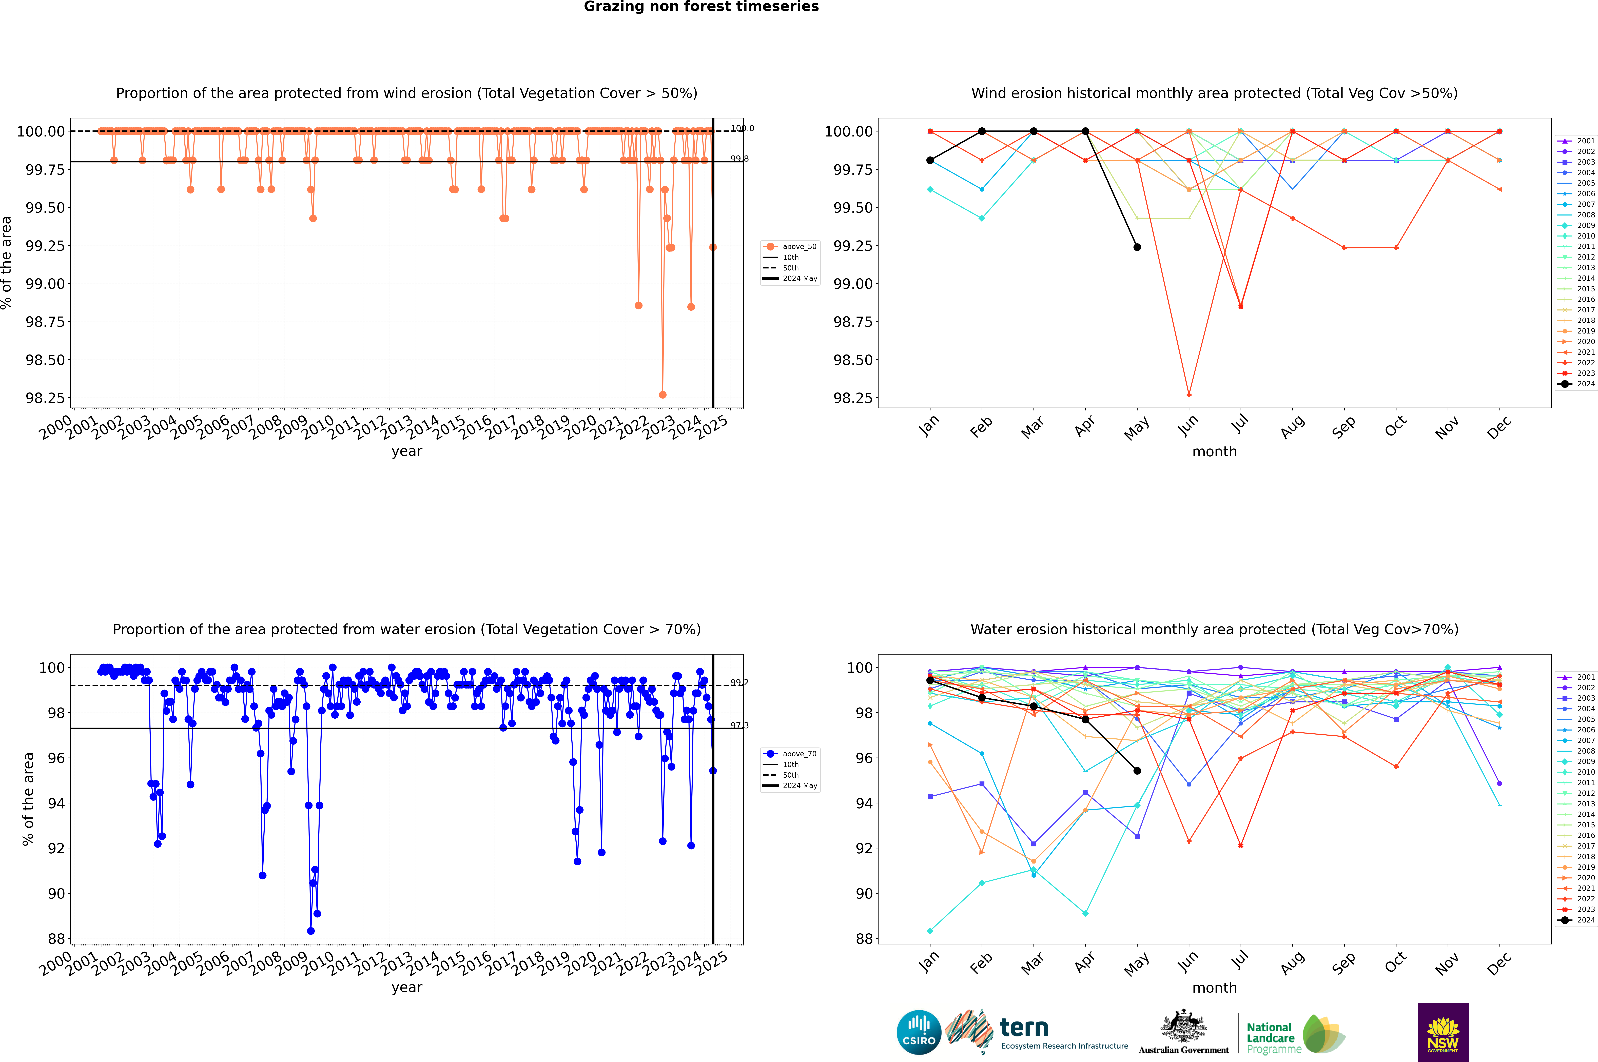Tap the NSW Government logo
(x=1443, y=1032)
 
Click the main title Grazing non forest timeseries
(x=701, y=7)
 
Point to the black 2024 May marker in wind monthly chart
(x=1137, y=247)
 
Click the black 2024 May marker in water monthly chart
(x=1137, y=771)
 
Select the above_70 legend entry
(x=791, y=754)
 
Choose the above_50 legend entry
(x=791, y=247)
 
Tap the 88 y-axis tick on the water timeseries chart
(x=56, y=939)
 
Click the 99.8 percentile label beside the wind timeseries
(x=739, y=159)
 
